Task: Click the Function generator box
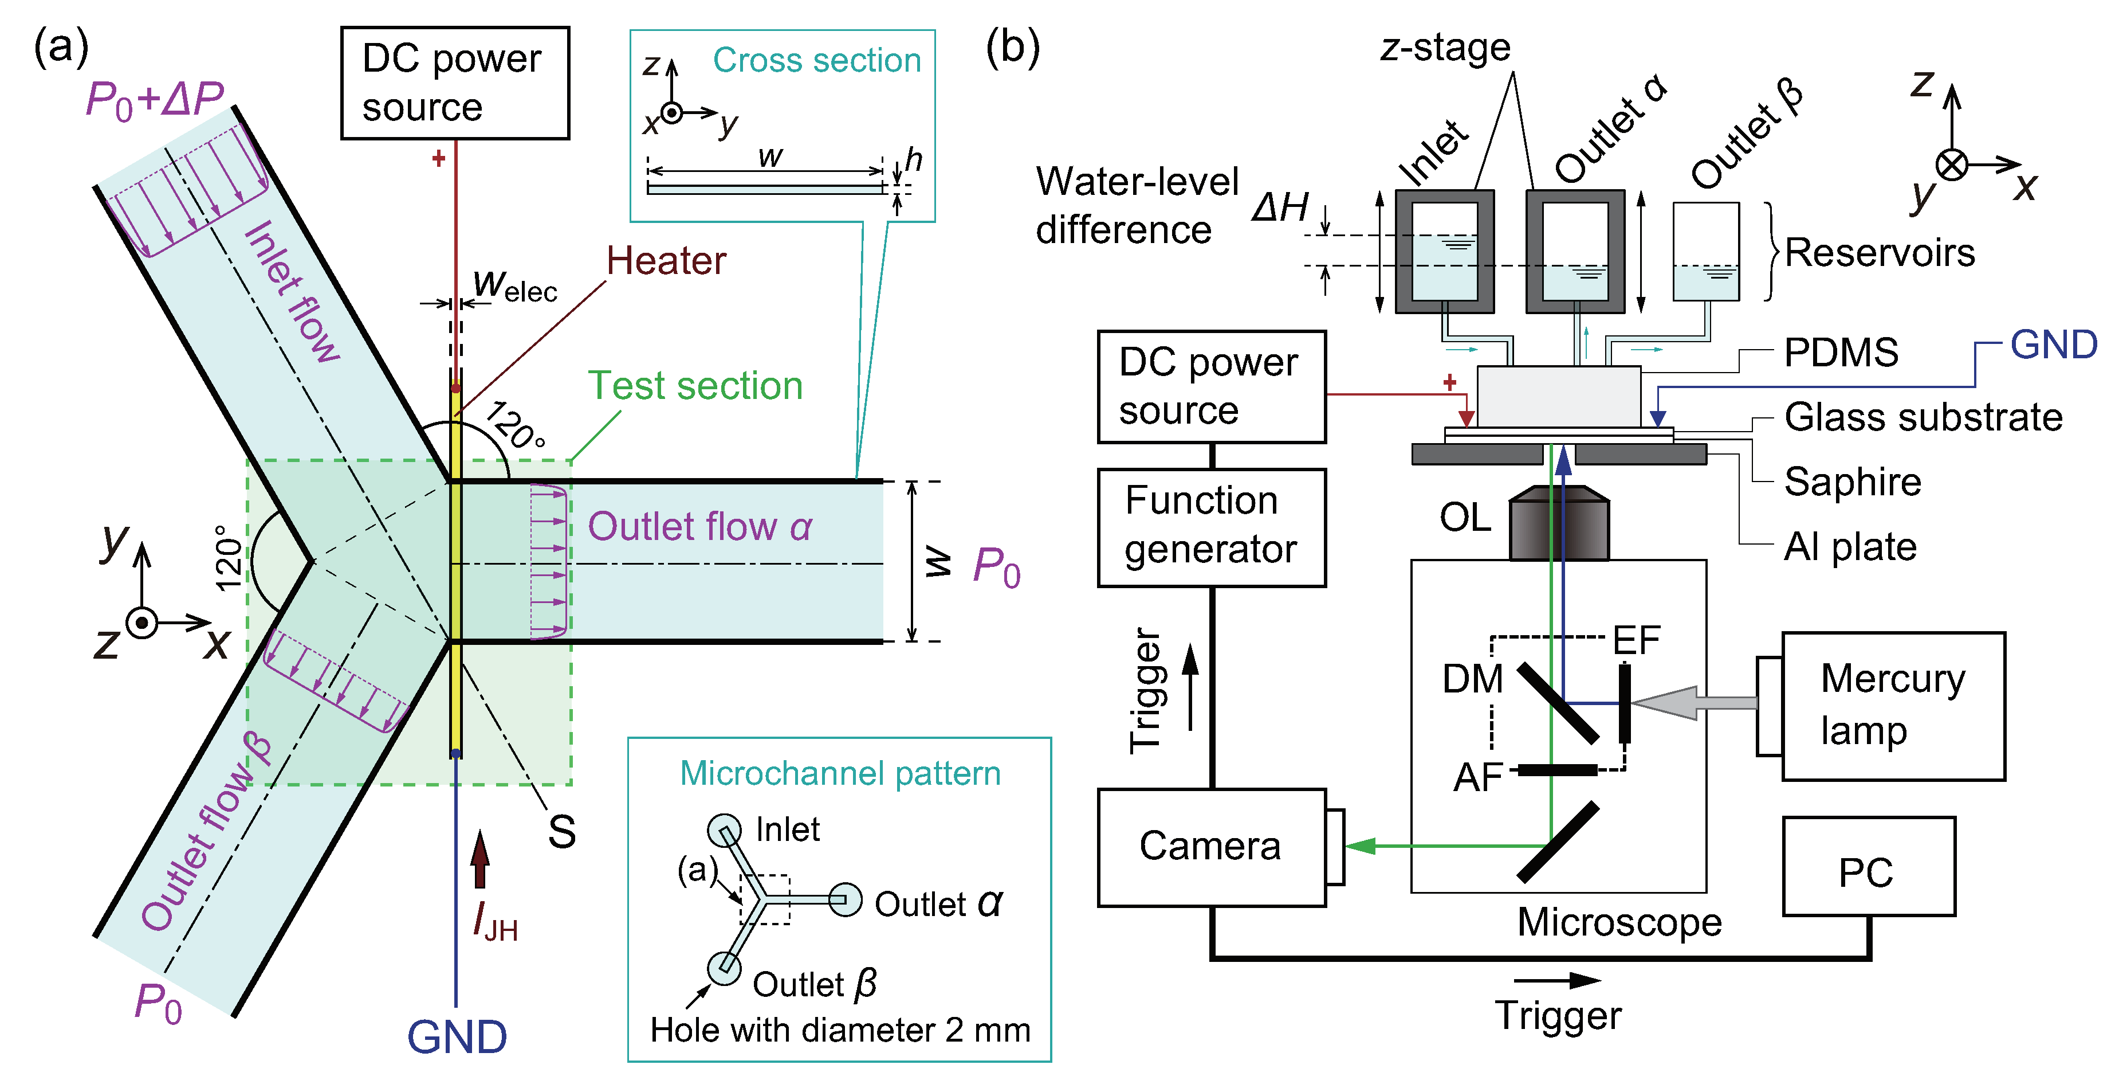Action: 1211,527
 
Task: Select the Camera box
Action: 1211,847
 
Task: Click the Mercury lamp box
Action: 1893,706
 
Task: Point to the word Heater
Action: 666,261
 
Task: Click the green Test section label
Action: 695,386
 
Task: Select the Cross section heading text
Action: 816,60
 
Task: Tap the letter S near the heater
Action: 561,832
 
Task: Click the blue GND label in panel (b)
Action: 2053,345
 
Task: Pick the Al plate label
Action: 1850,547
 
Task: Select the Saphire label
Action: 1852,482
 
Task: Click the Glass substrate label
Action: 1923,417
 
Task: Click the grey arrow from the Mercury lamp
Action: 1691,703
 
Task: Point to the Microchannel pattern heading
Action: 840,774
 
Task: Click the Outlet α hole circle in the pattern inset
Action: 844,899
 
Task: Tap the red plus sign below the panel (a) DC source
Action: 438,158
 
